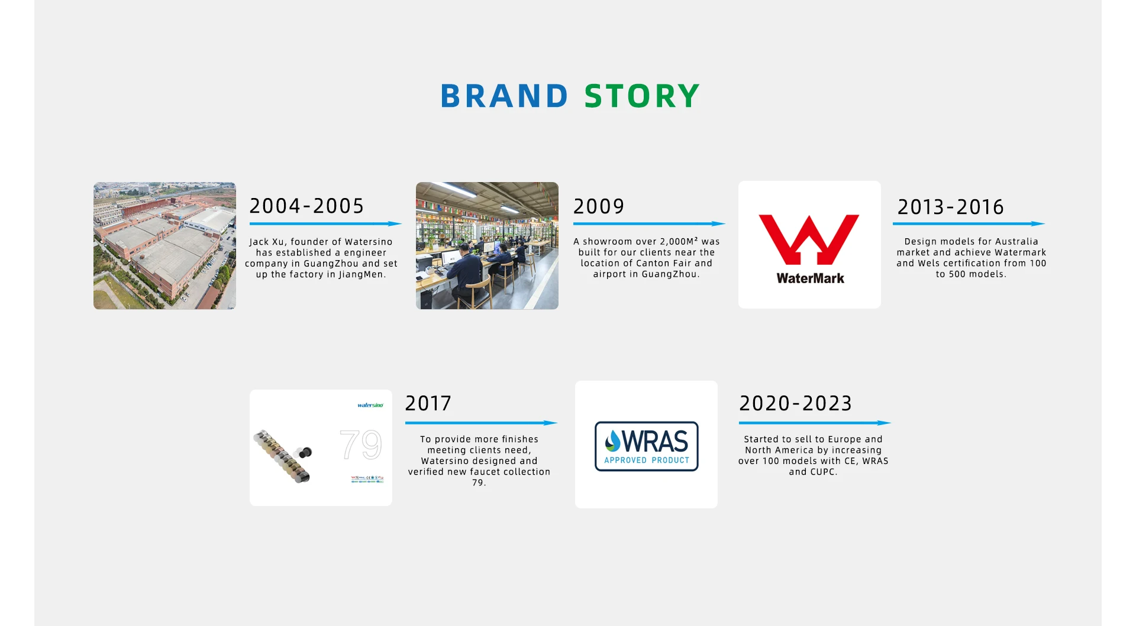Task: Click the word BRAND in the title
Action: [x=504, y=96]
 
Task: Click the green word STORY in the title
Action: [x=642, y=96]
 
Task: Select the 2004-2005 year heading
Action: [x=306, y=206]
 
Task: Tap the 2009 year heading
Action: [x=599, y=206]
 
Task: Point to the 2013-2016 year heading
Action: [x=950, y=207]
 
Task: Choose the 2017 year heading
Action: [x=428, y=403]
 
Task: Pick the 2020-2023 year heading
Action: [x=795, y=403]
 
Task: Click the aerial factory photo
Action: [x=164, y=245]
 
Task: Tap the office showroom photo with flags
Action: [x=487, y=245]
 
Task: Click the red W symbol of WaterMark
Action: [x=809, y=239]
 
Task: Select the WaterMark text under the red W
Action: [x=810, y=278]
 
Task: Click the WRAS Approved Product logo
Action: [x=646, y=446]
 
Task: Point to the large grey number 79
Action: [x=361, y=445]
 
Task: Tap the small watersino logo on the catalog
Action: [x=370, y=405]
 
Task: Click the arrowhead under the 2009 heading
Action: [x=718, y=223]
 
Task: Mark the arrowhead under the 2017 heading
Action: [x=550, y=423]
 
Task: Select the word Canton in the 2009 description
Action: [x=653, y=263]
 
